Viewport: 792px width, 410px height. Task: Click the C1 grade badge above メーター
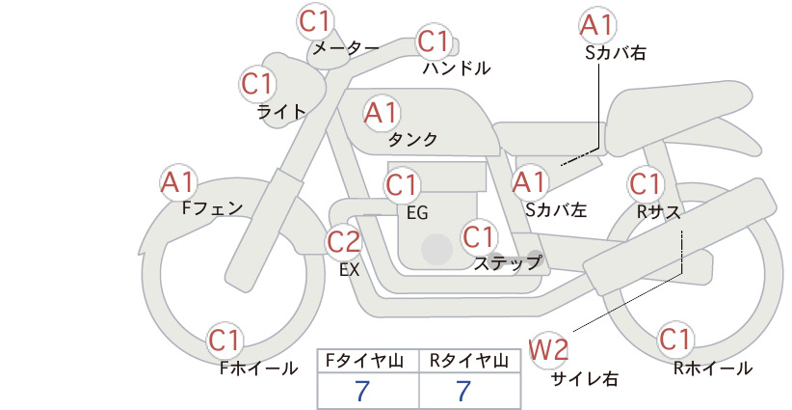[314, 21]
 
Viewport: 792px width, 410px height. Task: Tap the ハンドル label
[456, 68]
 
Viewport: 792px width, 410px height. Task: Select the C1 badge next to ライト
[257, 84]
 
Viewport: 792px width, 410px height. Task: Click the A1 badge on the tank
[381, 113]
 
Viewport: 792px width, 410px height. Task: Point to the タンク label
[412, 139]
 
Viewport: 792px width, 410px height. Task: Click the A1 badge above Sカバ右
[596, 25]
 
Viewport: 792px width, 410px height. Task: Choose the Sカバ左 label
[556, 209]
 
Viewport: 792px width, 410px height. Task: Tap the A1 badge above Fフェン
[177, 182]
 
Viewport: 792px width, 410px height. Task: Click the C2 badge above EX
[343, 241]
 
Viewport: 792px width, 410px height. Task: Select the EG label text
[417, 213]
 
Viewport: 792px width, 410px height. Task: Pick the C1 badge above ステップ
[478, 236]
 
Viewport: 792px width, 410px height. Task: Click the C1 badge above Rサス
[645, 184]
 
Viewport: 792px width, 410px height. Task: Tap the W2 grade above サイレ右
[548, 349]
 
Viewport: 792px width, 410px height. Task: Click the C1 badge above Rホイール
[674, 340]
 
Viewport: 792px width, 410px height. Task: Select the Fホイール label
[258, 369]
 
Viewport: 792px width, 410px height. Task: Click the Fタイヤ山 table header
[364, 361]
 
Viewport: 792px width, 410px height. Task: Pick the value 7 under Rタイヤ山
[463, 391]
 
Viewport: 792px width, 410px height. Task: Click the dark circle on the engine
[436, 249]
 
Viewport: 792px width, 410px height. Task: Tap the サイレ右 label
[585, 379]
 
